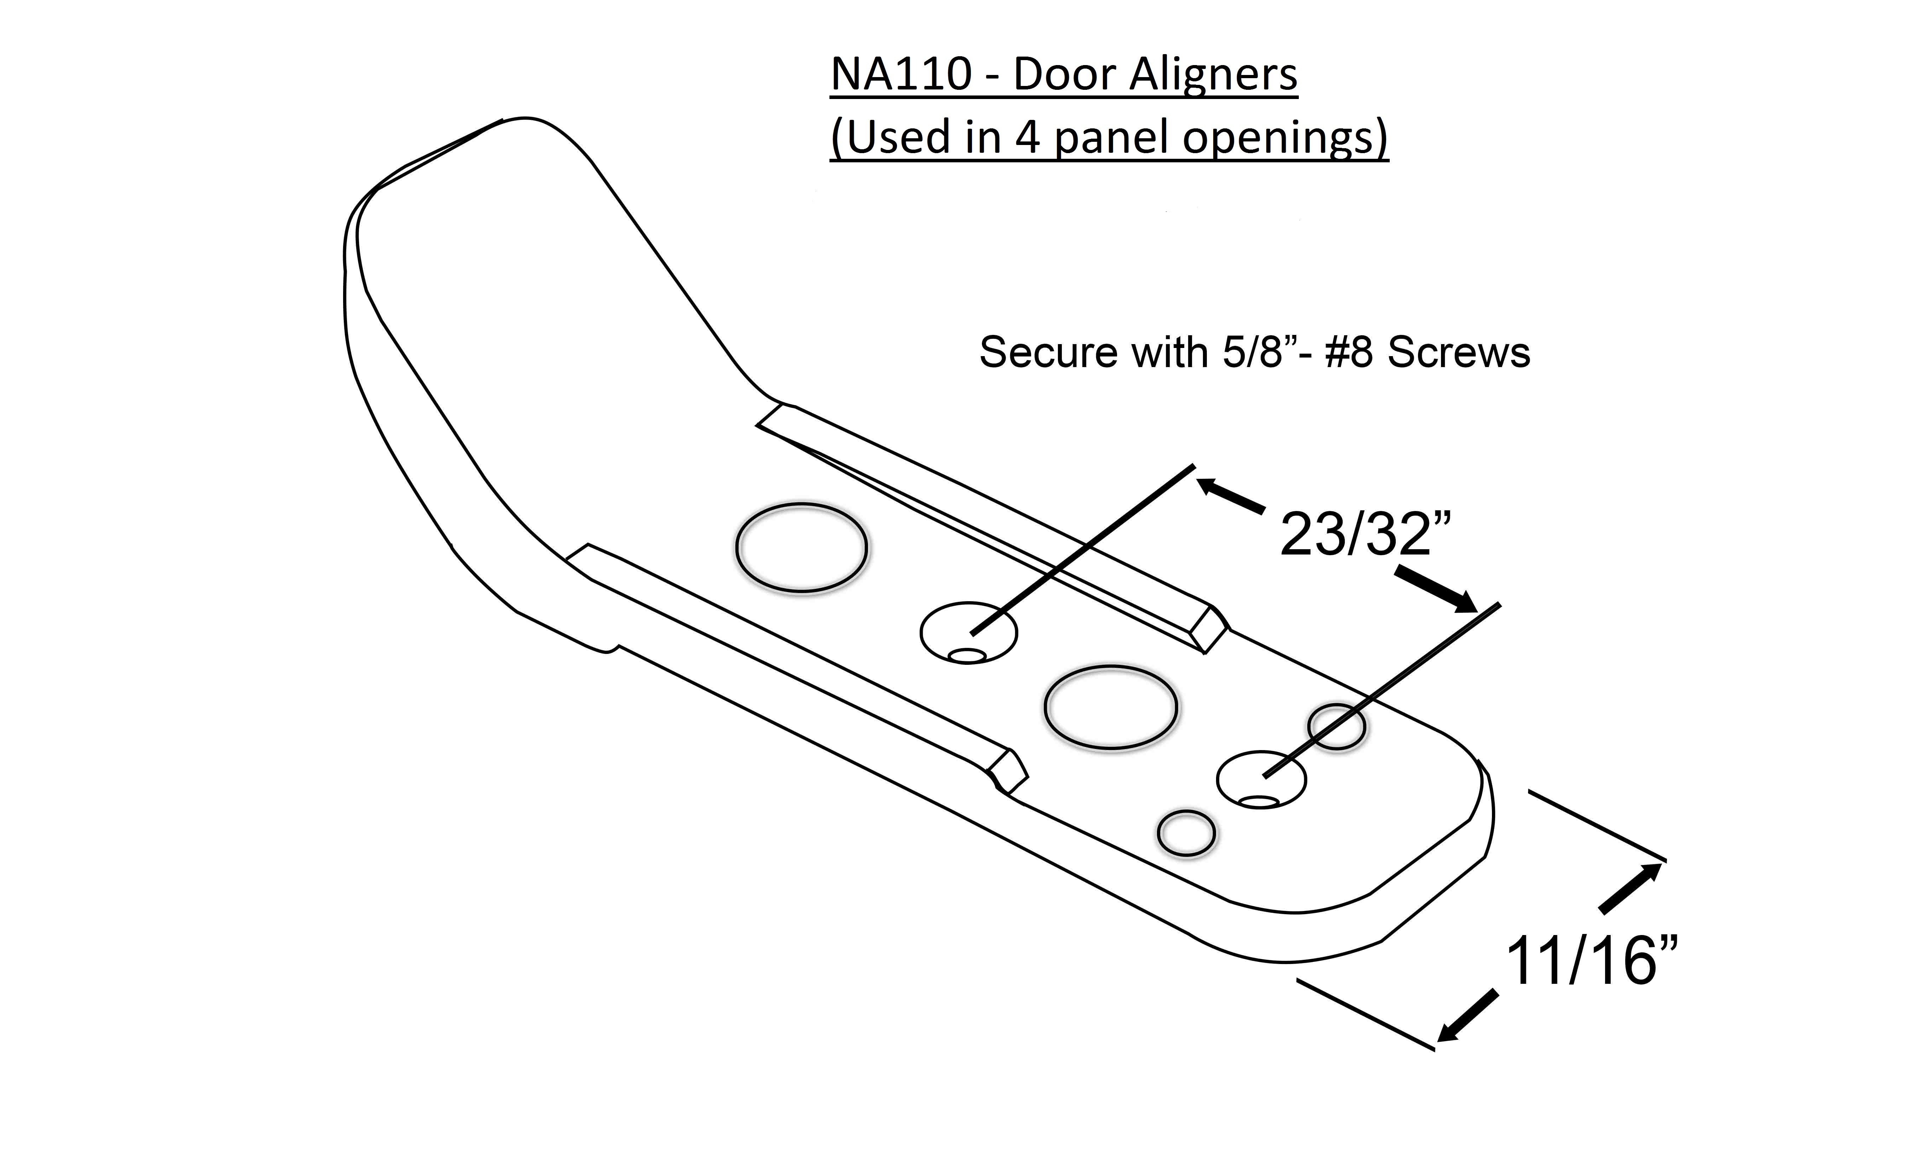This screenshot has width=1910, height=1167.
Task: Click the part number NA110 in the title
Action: point(901,75)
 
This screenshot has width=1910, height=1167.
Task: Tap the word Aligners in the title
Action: point(1214,75)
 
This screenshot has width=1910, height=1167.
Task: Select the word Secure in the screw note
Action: point(1048,353)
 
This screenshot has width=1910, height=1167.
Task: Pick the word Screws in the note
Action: point(1459,353)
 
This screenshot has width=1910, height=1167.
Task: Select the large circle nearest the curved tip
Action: point(801,548)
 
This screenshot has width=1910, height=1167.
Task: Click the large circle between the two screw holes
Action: point(1111,707)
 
